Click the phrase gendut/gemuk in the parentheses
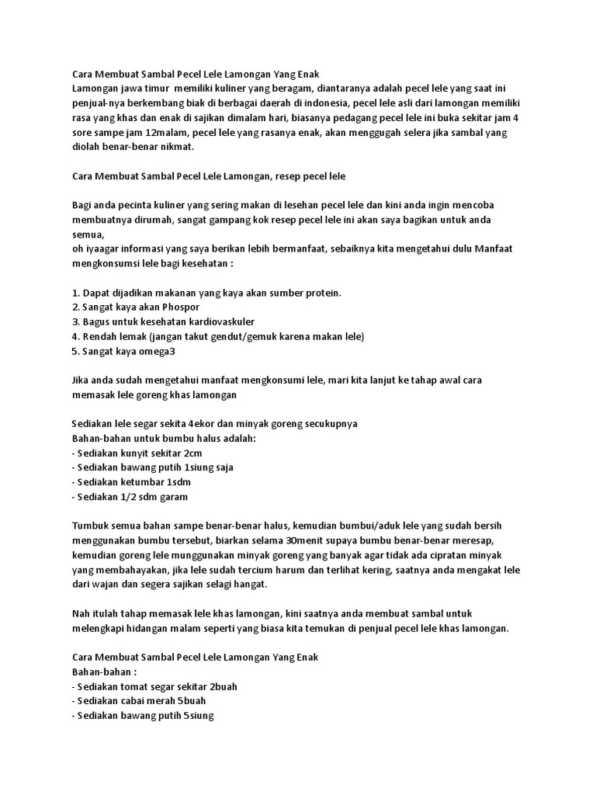pos(251,336)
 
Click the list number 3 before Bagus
pos(74,321)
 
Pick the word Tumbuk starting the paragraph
pos(91,526)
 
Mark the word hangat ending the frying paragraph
pos(248,585)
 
